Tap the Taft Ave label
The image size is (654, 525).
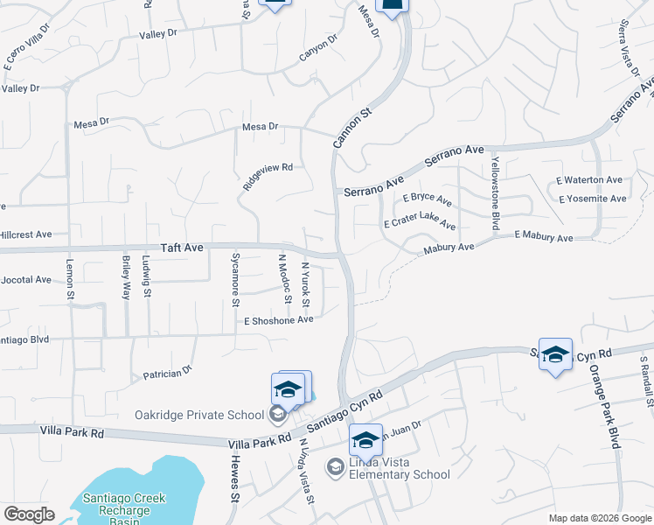pyautogui.click(x=182, y=248)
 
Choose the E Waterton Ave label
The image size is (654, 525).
pyautogui.click(x=589, y=180)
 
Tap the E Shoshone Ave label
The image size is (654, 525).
pyautogui.click(x=278, y=320)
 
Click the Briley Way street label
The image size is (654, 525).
pyautogui.click(x=126, y=278)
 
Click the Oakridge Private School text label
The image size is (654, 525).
pyautogui.click(x=198, y=415)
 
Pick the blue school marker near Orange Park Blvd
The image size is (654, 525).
pyautogui.click(x=555, y=354)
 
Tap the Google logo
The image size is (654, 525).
pyautogui.click(x=28, y=514)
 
